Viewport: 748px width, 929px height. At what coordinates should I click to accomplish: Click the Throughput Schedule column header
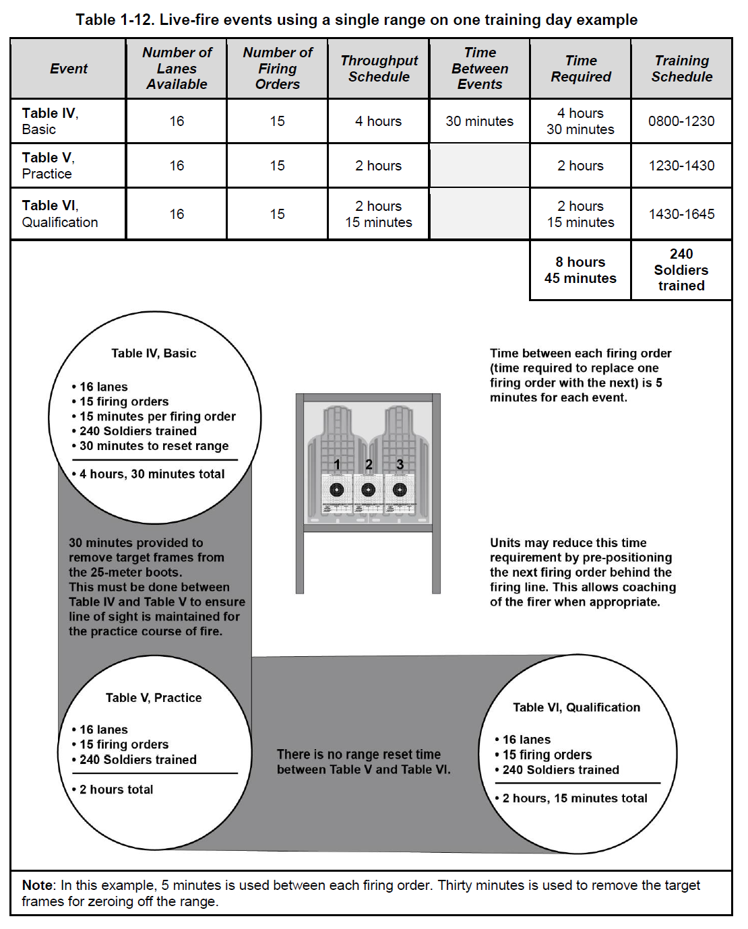pos(379,69)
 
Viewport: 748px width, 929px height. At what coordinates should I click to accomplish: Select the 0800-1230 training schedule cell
pos(681,121)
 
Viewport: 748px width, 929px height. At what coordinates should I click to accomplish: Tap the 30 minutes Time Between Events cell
pos(479,121)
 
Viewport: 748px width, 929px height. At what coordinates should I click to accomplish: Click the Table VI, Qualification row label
pos(60,214)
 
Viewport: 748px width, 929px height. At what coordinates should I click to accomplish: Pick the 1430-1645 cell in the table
pos(681,214)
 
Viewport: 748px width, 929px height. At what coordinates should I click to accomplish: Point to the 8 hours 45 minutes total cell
pos(580,270)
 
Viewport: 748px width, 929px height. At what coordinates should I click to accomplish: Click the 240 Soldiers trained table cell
pos(681,269)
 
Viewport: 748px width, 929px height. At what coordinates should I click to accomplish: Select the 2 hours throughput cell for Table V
pos(378,166)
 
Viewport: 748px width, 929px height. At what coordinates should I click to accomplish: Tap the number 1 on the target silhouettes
pos(337,464)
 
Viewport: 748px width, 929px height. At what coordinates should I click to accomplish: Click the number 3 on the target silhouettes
pos(400,464)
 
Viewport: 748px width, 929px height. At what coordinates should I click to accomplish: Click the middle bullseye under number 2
pos(368,490)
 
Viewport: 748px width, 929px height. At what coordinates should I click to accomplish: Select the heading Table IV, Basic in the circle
pos(154,353)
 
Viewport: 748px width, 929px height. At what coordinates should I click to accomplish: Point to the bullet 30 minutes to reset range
pos(154,446)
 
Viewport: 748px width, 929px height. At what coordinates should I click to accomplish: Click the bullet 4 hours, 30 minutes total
pos(152,474)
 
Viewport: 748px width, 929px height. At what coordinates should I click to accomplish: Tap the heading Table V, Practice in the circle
pos(154,698)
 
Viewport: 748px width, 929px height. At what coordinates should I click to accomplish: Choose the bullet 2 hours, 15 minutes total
pos(574,798)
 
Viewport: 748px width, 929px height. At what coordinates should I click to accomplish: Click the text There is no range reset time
pos(359,755)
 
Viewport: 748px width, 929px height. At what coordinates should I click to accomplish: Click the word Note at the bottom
pos(37,885)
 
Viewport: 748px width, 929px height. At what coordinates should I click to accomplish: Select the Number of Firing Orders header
pos(278,69)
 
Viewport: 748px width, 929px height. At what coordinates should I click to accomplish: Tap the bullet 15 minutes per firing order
pos(157,416)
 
